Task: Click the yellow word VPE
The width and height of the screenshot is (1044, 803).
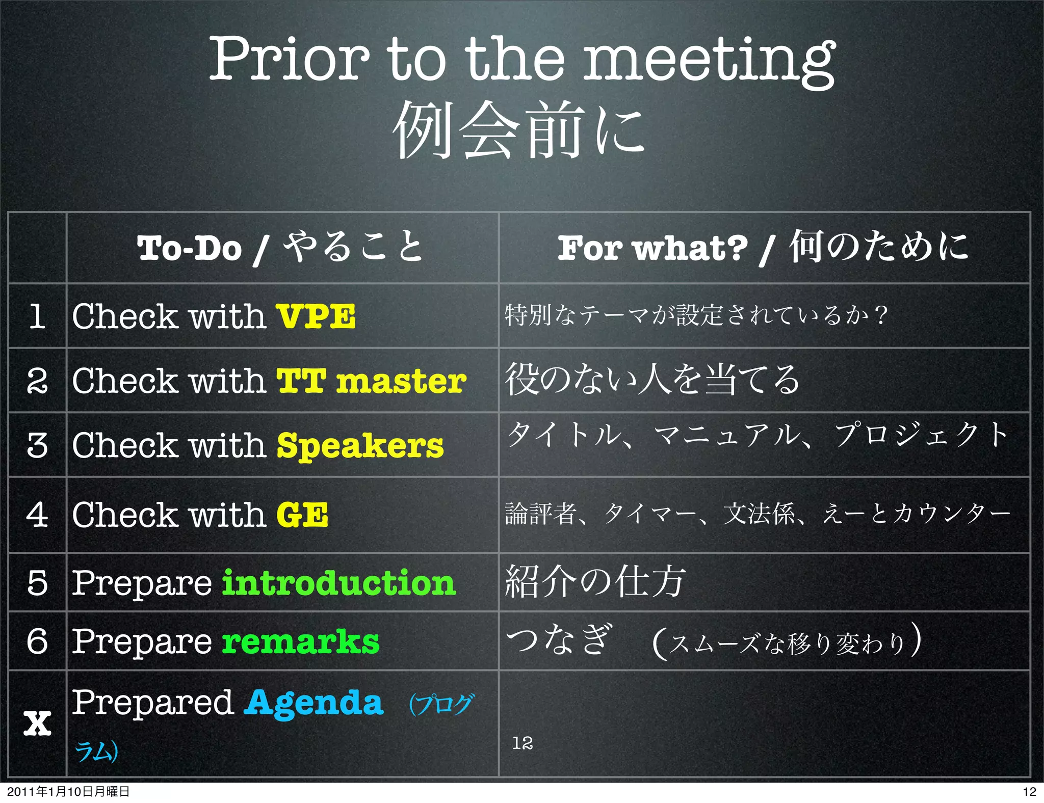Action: tap(316, 316)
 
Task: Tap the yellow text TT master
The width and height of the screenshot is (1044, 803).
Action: tap(371, 381)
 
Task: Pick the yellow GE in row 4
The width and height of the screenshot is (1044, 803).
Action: tap(302, 515)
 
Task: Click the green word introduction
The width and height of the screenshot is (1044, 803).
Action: tap(339, 583)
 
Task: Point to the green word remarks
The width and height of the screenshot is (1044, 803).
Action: tap(301, 641)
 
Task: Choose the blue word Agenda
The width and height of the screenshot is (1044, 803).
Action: tap(314, 703)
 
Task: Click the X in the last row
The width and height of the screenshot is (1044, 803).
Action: tap(37, 724)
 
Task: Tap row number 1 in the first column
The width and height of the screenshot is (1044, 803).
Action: tap(37, 316)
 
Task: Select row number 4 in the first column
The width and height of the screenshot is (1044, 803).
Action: tap(37, 515)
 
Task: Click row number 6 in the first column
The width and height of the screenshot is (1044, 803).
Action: tap(37, 641)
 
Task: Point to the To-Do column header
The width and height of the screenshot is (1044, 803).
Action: tap(280, 248)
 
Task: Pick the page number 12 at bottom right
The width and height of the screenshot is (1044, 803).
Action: tap(1029, 791)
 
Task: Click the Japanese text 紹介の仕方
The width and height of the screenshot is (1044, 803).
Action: tap(595, 582)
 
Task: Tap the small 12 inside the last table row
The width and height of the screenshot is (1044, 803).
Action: tap(523, 743)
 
